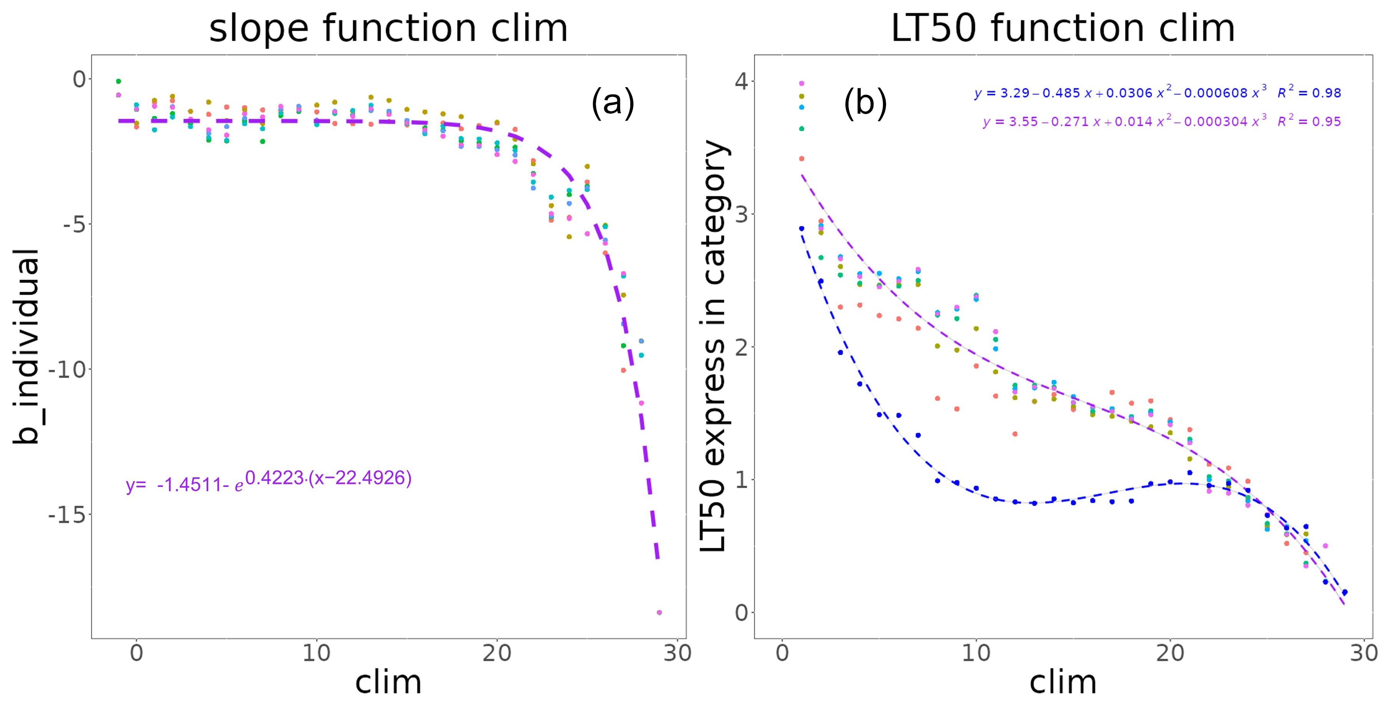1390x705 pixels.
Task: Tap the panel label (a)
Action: [613, 102]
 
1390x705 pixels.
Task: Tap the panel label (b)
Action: [865, 102]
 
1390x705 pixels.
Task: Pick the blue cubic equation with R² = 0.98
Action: [1157, 93]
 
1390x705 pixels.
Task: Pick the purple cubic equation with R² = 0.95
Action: [1161, 121]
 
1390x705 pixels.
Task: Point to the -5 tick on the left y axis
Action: [73, 224]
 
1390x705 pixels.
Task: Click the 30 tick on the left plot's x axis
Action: [677, 653]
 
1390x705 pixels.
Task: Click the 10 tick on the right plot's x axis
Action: [976, 653]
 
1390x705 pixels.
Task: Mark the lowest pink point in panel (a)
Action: [659, 612]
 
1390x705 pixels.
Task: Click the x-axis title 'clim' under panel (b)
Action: [1062, 682]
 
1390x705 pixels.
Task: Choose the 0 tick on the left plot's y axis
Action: [79, 79]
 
